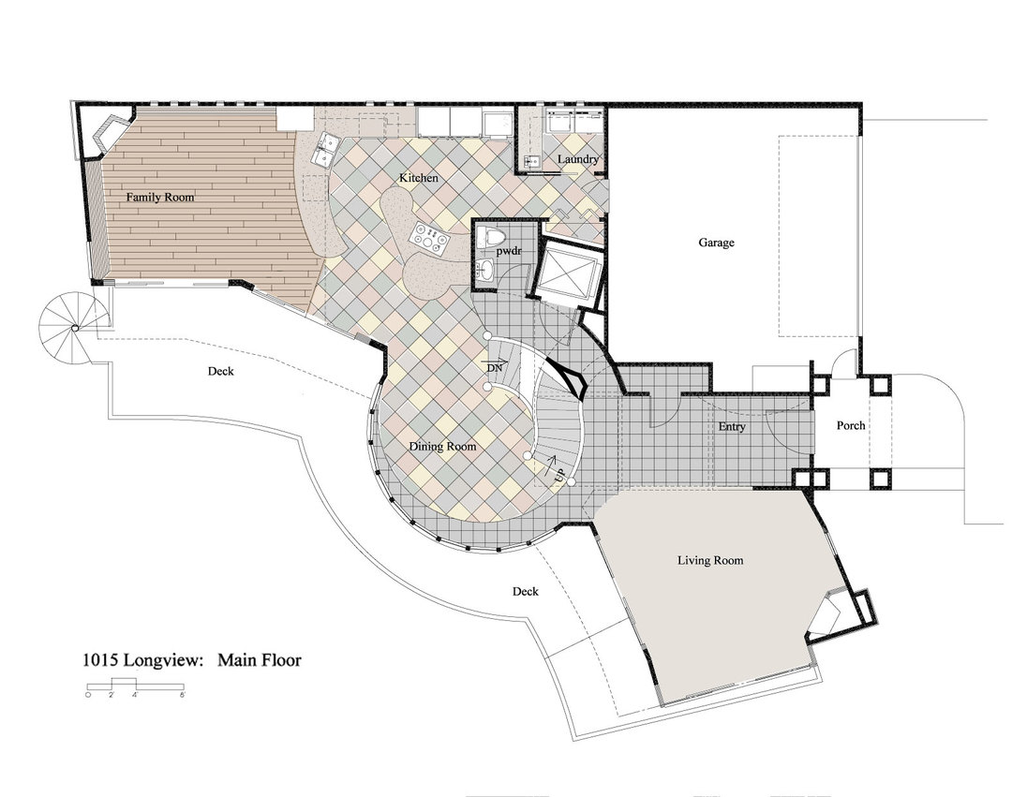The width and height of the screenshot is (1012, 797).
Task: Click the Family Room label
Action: (x=160, y=197)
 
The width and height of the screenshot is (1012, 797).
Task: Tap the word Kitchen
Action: (x=418, y=177)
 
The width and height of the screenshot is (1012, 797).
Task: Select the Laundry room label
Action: (x=577, y=159)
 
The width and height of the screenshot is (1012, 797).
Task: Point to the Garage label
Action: (x=717, y=243)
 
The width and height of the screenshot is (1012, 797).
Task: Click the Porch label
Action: (x=851, y=425)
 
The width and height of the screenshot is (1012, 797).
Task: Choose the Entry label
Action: (x=732, y=426)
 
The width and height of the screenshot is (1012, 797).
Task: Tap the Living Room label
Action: (x=710, y=560)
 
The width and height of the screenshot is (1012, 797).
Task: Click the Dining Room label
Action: (x=442, y=446)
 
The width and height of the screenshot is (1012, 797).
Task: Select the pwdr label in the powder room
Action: (x=509, y=251)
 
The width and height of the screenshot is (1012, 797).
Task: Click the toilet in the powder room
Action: (x=488, y=237)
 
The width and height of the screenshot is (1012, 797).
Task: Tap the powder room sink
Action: (x=486, y=269)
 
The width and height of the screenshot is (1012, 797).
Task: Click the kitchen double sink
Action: (x=324, y=149)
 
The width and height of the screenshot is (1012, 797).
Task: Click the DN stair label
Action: (x=495, y=367)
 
